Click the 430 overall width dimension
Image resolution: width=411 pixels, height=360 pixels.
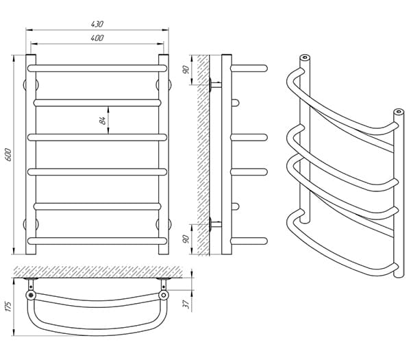coord(97,24)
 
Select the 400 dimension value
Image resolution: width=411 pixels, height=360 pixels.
coord(97,38)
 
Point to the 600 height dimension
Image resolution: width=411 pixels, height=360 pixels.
coord(8,155)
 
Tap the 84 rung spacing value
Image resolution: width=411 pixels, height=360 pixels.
coord(103,120)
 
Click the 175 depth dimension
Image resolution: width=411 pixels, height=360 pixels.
coord(8,307)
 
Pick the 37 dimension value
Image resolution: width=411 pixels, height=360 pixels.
coord(186,304)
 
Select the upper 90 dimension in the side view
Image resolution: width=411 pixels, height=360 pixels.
coord(186,69)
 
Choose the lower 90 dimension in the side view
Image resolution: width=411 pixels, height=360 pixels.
coord(186,239)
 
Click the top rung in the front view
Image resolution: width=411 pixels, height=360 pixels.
coord(97,68)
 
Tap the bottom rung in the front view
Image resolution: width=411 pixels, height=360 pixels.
coord(97,241)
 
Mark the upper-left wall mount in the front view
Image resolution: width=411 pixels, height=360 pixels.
coord(31,85)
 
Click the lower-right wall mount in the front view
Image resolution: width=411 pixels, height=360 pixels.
coord(164,224)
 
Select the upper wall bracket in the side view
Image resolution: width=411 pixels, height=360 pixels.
coord(215,85)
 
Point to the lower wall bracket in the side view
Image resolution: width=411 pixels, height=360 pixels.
coord(215,224)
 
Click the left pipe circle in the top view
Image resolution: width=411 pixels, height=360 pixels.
coord(31,295)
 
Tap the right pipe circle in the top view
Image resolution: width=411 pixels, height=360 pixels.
coord(164,295)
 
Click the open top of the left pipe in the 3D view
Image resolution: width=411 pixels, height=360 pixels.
coord(305,58)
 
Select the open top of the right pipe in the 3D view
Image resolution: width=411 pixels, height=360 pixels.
coord(399,112)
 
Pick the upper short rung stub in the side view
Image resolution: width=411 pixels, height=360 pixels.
coord(235,103)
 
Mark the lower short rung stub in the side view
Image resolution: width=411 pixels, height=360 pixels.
coord(235,206)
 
